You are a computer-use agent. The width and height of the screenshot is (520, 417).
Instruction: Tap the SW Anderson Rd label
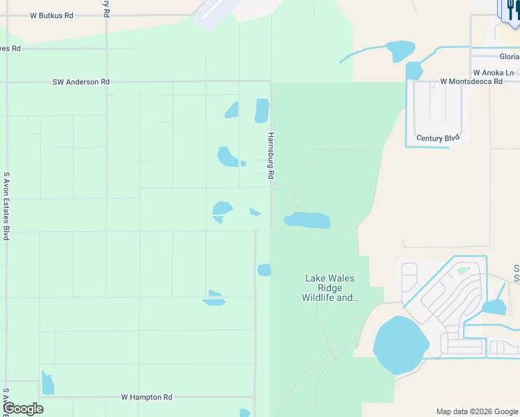click(81, 82)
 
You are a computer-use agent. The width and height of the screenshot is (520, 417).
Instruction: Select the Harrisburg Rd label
click(271, 156)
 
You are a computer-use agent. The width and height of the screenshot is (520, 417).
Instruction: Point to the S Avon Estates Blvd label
click(6, 206)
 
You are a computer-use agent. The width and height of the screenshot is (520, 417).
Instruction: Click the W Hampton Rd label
click(146, 398)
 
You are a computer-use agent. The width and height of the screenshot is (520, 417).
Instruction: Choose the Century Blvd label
click(438, 138)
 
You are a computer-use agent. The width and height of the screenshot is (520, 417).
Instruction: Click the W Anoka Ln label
click(493, 72)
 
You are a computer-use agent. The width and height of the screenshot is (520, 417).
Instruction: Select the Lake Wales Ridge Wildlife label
click(330, 288)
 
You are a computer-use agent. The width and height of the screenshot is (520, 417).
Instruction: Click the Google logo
click(23, 409)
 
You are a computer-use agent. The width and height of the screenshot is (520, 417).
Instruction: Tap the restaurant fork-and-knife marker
click(510, 10)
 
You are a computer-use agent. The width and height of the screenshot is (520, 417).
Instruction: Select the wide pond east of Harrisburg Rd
click(307, 220)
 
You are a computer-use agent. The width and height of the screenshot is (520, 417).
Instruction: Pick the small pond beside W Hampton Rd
click(47, 383)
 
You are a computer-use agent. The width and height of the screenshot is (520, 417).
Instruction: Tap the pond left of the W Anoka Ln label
click(414, 70)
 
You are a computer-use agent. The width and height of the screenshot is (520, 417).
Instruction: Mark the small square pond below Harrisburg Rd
click(264, 270)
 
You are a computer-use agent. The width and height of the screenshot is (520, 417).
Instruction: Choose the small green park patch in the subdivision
click(463, 270)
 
